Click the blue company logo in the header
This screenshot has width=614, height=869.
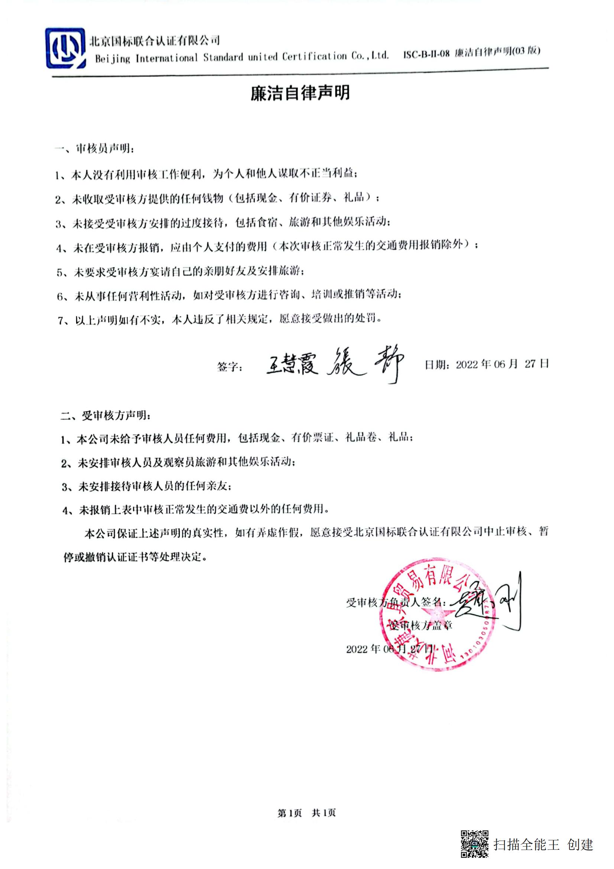point(65,48)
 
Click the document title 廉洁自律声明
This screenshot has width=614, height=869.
point(300,93)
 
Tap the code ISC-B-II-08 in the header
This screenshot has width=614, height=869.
point(426,53)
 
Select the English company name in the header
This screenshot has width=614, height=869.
point(242,57)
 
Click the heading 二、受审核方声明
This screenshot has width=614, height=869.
point(105,416)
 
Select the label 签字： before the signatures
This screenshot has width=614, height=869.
point(230,366)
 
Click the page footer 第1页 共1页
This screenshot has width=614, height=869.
point(306,812)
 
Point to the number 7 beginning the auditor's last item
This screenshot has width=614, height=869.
point(61,321)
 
